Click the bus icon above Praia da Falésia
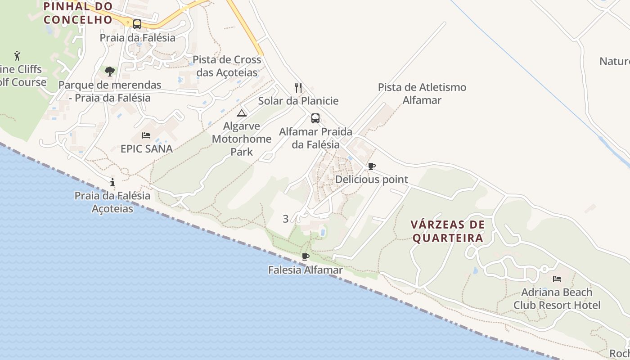(x=137, y=24)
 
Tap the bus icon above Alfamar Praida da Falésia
(x=315, y=118)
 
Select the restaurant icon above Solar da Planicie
(x=298, y=87)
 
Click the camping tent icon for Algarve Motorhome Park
(x=242, y=113)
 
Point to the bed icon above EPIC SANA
(x=146, y=135)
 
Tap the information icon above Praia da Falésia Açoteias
(x=112, y=182)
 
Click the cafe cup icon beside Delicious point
(x=372, y=166)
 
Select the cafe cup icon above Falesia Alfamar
(x=306, y=257)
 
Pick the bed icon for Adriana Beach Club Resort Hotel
(x=557, y=279)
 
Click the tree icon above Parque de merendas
(x=109, y=71)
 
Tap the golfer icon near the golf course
(x=17, y=56)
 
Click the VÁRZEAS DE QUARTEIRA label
(x=448, y=231)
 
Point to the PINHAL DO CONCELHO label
(x=78, y=13)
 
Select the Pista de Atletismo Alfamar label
(x=422, y=94)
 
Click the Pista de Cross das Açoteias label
(x=227, y=66)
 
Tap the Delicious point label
(x=372, y=180)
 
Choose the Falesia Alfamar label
(x=306, y=270)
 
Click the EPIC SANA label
(x=147, y=148)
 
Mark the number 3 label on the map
(x=286, y=219)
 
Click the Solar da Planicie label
(x=298, y=101)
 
